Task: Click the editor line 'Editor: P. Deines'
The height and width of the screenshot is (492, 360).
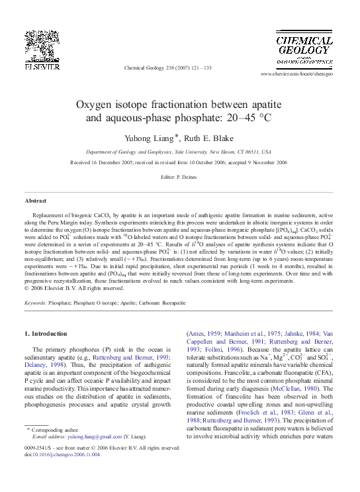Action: tap(180, 177)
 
